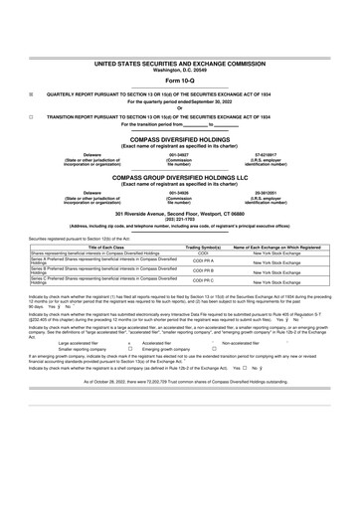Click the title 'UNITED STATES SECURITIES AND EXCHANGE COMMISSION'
pyautogui.click(x=179, y=62)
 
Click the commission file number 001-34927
pyautogui.click(x=179, y=154)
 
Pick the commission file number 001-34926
pyautogui.click(x=179, y=192)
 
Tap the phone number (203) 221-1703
pyautogui.click(x=179, y=219)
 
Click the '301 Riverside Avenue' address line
pyautogui.click(x=179, y=214)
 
